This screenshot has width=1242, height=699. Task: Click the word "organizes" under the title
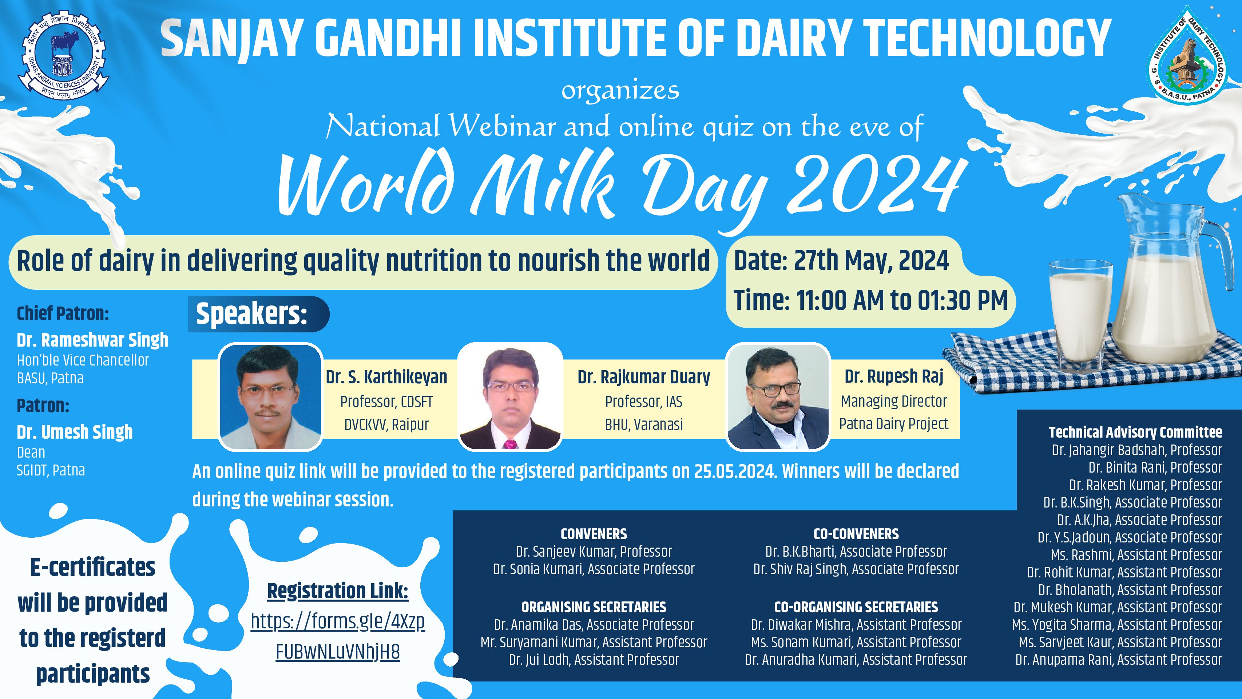click(x=620, y=91)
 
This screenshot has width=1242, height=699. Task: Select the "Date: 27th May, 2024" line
click(x=841, y=261)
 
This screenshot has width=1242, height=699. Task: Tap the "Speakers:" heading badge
click(x=258, y=314)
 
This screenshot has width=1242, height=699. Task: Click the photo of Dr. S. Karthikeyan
click(x=270, y=396)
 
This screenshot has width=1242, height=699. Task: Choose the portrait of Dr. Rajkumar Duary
click(x=510, y=396)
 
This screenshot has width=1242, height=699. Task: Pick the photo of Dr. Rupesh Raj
click(x=778, y=396)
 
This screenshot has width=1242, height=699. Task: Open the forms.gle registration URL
click(x=337, y=637)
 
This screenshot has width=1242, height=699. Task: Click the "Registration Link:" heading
click(x=337, y=591)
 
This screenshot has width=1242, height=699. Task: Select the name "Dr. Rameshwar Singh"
click(x=92, y=340)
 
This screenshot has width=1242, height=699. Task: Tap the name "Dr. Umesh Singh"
click(x=75, y=432)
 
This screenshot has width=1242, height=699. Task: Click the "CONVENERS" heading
click(x=594, y=534)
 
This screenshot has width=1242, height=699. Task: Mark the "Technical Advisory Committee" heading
click(x=1135, y=432)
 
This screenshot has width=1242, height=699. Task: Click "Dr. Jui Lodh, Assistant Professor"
click(x=594, y=659)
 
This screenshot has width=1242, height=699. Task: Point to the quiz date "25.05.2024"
click(x=734, y=471)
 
